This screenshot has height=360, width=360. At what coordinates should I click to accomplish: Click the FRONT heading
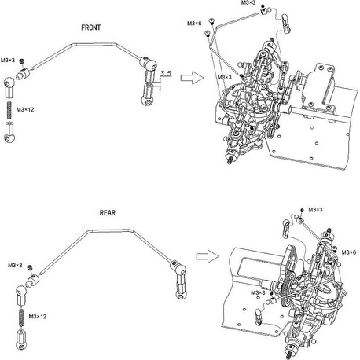90,28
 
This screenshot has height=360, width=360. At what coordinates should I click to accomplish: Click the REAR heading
108,213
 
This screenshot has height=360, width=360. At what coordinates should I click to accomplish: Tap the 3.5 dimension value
166,73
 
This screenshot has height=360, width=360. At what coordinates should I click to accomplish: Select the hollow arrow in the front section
192,78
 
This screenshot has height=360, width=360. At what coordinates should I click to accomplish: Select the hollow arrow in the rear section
208,256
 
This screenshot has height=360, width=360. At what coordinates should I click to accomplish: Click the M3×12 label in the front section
25,109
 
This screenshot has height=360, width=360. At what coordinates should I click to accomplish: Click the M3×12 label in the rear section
38,317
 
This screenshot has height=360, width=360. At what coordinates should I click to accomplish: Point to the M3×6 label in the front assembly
194,24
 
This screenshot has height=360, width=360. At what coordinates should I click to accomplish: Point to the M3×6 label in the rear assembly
349,252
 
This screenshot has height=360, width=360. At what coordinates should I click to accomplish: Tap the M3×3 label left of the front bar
8,61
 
